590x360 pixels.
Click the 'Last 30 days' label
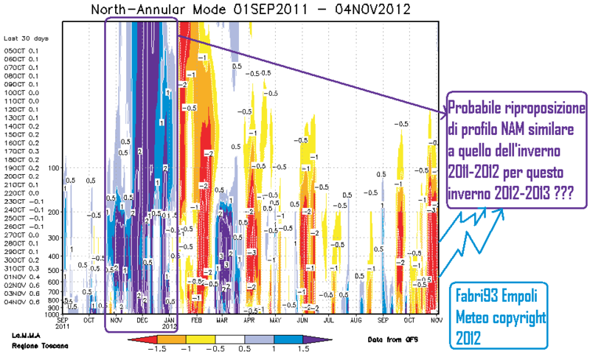(22, 38)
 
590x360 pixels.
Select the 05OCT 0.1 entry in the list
(18, 50)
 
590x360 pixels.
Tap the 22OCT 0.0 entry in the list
(18, 193)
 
